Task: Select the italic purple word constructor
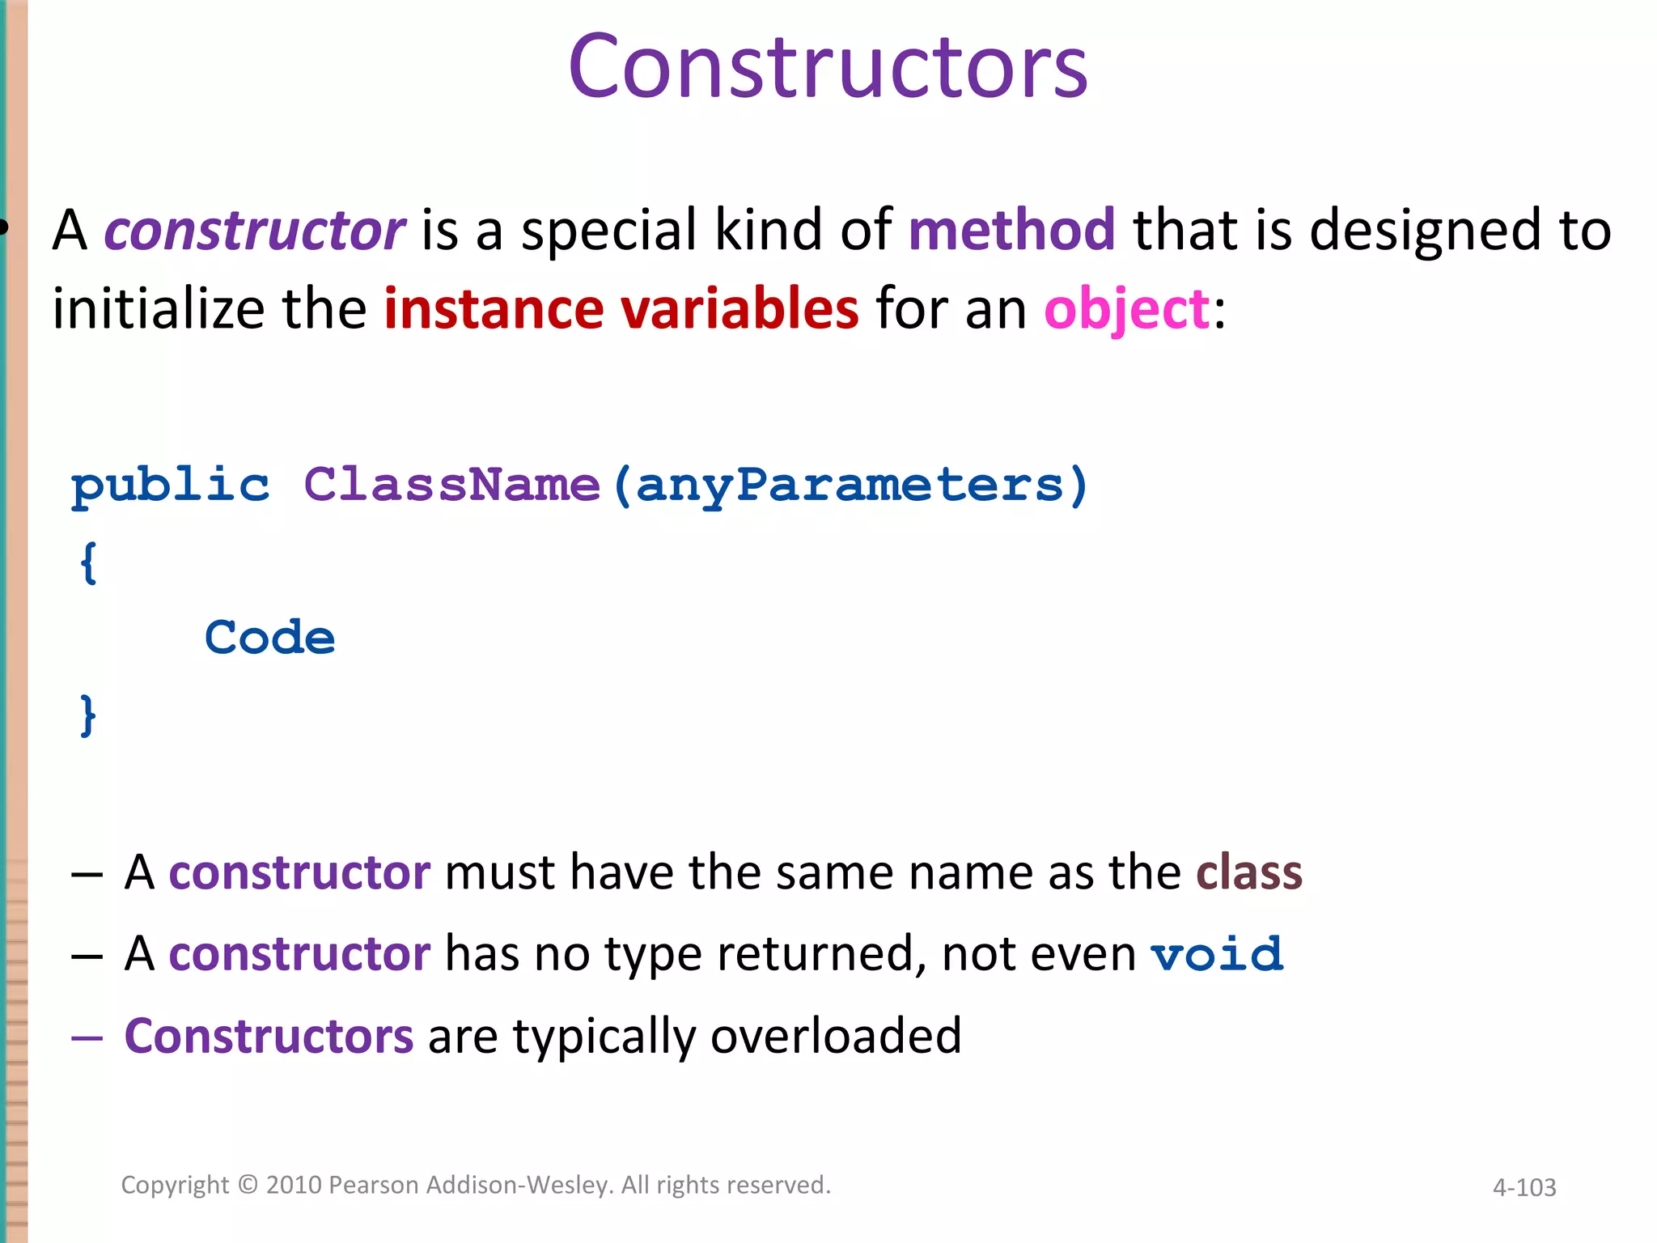coord(254,231)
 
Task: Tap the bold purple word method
coord(1011,230)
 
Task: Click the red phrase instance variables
coord(621,309)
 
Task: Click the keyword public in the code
coord(170,486)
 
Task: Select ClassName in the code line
coord(451,486)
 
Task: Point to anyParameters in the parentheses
coord(850,486)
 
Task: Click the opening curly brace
coord(88,562)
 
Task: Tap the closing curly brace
coord(88,715)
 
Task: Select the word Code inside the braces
coord(269,638)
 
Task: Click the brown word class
coord(1248,872)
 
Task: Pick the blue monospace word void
coord(1217,955)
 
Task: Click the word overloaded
coord(836,1036)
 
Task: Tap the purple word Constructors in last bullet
coord(269,1036)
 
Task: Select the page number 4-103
coord(1524,1188)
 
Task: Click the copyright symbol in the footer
coord(248,1185)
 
